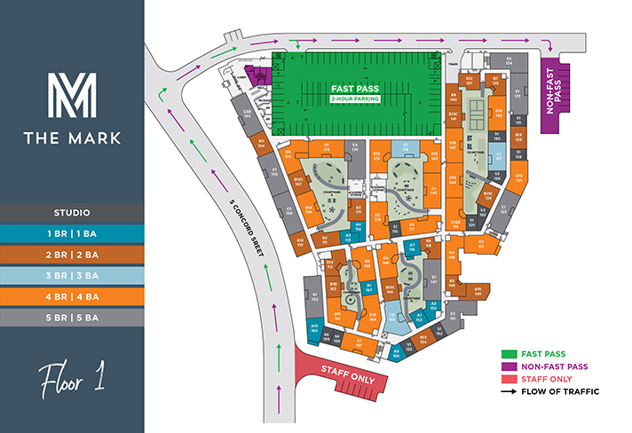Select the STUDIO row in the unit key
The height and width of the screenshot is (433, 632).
(x=72, y=212)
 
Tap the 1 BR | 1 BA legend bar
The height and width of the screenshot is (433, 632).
(x=72, y=232)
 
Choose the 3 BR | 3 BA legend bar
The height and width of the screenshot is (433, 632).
(x=72, y=275)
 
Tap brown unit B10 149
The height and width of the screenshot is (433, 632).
(x=478, y=290)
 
